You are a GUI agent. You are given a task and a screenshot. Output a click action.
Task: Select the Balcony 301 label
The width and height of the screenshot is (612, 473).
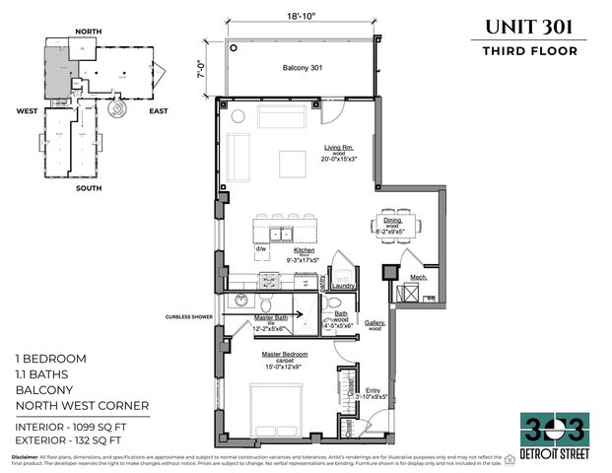(x=303, y=67)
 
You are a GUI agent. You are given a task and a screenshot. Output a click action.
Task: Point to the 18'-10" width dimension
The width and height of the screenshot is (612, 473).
(x=303, y=17)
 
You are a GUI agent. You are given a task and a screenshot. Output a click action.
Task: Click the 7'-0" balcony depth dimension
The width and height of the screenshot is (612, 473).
(x=203, y=69)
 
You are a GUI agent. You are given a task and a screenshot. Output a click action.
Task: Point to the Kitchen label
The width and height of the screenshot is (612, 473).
(x=305, y=250)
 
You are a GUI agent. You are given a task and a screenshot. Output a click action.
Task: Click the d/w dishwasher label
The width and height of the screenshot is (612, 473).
(x=262, y=248)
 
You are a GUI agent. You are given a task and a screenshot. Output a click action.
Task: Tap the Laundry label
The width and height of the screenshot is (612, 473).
(x=344, y=288)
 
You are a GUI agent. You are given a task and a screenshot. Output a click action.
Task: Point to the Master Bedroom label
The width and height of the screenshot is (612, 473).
(x=285, y=353)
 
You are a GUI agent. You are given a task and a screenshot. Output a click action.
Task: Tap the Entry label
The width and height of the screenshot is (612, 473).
(x=372, y=390)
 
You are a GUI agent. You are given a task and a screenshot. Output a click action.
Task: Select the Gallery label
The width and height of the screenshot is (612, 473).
(x=374, y=322)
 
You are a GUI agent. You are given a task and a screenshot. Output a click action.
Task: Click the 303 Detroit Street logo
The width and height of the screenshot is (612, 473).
(x=554, y=433)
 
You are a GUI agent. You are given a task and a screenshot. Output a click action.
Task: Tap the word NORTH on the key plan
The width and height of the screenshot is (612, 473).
(x=88, y=32)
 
